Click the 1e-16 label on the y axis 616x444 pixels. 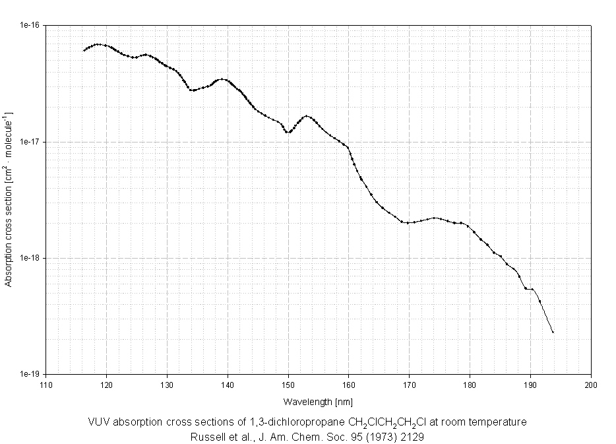click(x=30, y=25)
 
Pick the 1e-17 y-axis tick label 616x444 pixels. click(x=30, y=142)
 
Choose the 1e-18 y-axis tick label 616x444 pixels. click(x=30, y=258)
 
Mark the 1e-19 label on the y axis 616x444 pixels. click(x=30, y=374)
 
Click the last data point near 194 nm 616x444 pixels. click(x=553, y=332)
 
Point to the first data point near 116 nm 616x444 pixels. click(x=84, y=50)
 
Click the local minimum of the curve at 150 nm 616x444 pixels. click(x=288, y=132)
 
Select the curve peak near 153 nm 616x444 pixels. click(x=307, y=116)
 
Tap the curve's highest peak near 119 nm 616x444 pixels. click(x=98, y=44)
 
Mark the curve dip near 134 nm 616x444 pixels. click(x=191, y=90)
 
